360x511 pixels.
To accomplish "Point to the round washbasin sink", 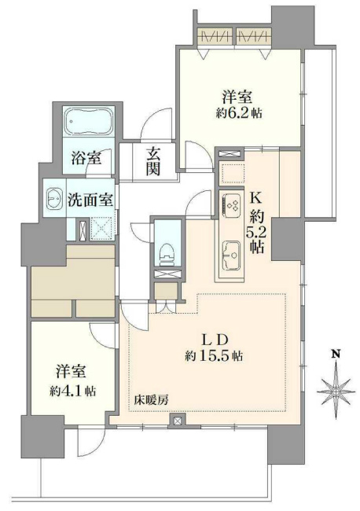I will pyautogui.click(x=54, y=197).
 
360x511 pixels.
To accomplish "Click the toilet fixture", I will pyautogui.click(x=165, y=249).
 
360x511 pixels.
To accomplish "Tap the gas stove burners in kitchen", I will pyautogui.click(x=233, y=206).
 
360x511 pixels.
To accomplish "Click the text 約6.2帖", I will pyautogui.click(x=237, y=113).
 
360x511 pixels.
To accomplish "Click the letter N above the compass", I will pyautogui.click(x=335, y=355).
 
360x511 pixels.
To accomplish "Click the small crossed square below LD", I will pyautogui.click(x=178, y=421).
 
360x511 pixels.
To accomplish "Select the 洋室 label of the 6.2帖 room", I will pyautogui.click(x=237, y=97).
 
